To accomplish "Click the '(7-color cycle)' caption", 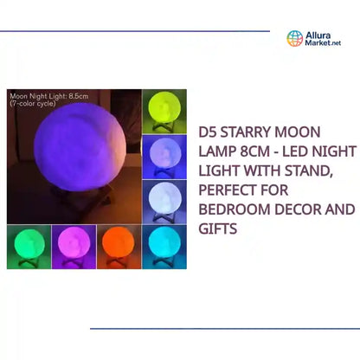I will pyautogui.click(x=33, y=103).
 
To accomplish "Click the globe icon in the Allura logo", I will pyautogui.click(x=295, y=39).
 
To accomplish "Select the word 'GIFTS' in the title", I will pyautogui.click(x=219, y=230).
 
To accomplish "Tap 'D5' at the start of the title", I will pyautogui.click(x=209, y=135).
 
